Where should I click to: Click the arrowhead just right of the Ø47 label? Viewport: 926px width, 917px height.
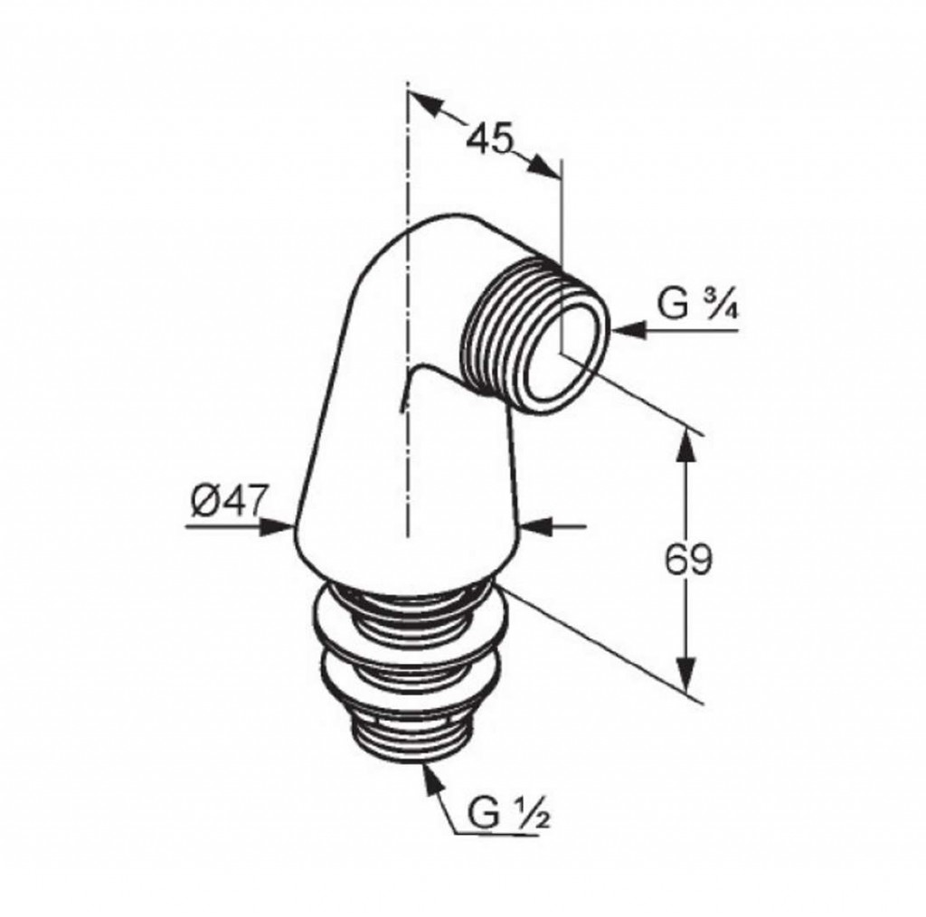(x=278, y=527)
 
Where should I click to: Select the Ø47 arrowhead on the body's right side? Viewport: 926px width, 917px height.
(x=535, y=526)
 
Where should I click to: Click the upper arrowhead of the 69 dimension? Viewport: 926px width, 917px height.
(x=686, y=445)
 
